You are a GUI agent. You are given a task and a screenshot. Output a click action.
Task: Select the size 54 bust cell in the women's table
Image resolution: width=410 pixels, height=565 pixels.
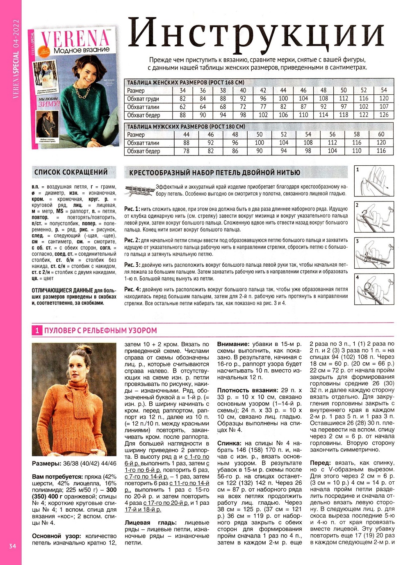(x=383, y=98)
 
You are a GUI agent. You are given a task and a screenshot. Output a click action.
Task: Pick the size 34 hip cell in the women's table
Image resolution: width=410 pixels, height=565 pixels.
(x=182, y=115)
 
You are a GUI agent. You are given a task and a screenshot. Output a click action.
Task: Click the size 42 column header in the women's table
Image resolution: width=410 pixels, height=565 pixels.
(x=263, y=90)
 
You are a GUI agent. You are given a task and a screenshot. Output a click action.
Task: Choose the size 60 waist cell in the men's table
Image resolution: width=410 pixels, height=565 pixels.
(x=381, y=143)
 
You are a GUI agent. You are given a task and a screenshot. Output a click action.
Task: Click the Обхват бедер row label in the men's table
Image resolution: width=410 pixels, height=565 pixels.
(x=143, y=151)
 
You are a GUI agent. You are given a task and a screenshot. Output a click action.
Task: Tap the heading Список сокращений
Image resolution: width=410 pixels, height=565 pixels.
(x=71, y=172)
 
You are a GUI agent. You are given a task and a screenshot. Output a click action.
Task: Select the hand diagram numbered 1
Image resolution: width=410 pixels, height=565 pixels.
(x=374, y=181)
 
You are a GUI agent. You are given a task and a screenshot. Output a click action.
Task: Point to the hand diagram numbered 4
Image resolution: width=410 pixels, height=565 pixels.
(x=374, y=289)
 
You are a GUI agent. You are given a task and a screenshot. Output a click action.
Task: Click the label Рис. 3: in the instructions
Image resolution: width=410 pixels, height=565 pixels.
(x=132, y=265)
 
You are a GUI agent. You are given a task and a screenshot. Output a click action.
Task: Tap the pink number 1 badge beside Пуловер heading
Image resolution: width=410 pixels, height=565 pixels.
(x=37, y=330)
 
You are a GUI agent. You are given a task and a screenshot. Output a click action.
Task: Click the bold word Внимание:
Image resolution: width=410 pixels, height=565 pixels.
(x=233, y=344)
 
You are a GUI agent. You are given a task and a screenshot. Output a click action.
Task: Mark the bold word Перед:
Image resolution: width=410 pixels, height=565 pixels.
(x=320, y=463)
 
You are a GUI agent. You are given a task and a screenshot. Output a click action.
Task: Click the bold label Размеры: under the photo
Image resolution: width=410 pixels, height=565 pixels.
(x=46, y=463)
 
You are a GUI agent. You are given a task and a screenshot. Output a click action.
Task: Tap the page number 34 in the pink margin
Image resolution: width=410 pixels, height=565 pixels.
(x=11, y=546)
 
